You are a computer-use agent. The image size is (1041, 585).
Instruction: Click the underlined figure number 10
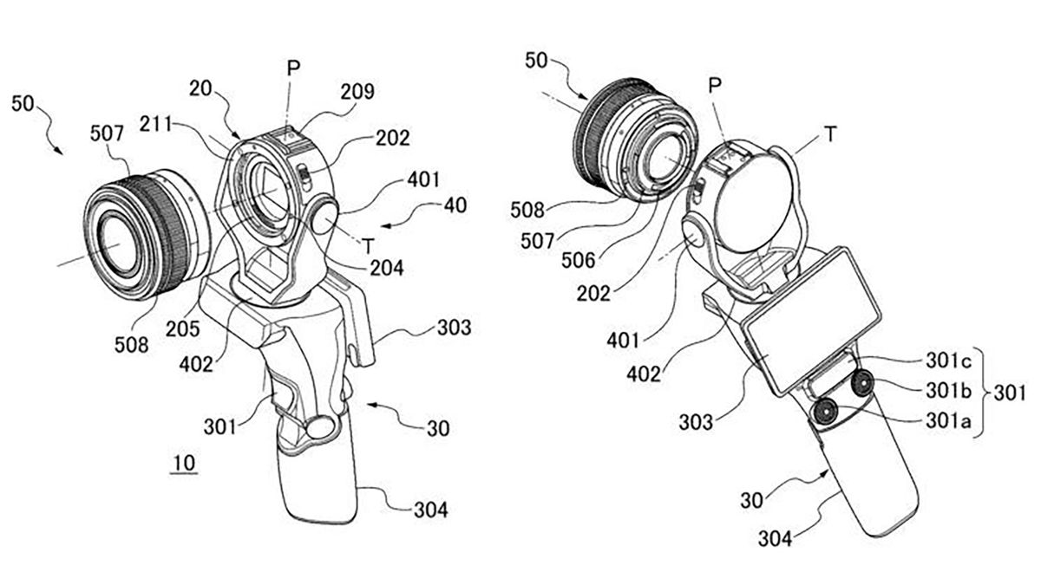(184, 465)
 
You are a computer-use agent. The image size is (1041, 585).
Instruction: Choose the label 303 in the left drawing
(454, 328)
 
